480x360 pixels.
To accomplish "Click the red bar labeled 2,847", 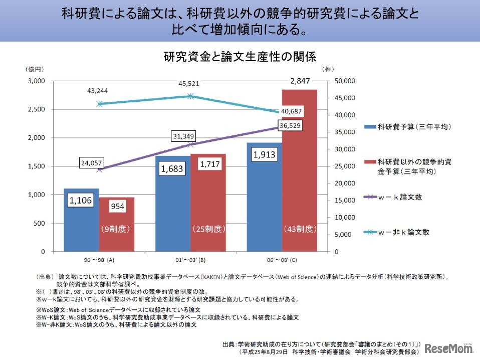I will [x=299, y=170].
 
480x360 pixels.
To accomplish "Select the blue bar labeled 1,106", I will [x=81, y=221].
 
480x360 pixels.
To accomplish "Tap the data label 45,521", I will [x=189, y=84].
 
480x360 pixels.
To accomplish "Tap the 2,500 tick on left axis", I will [x=36, y=109].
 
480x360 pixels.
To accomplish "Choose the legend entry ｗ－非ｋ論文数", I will [x=404, y=232].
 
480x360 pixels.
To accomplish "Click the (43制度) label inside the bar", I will [x=300, y=229].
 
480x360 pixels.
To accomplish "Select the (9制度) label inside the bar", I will [x=116, y=229].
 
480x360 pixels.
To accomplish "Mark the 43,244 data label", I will [x=97, y=91].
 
